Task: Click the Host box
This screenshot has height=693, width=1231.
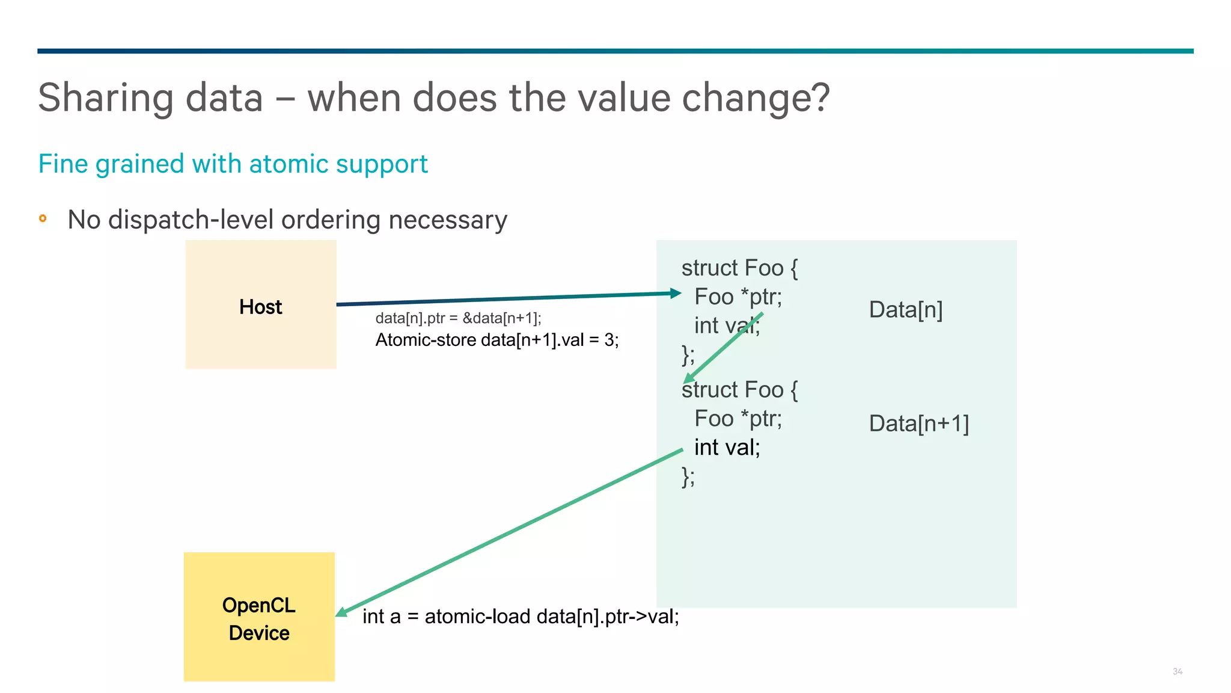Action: pos(260,304)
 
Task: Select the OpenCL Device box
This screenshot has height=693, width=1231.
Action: pos(259,617)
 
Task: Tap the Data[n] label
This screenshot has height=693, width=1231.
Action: pos(905,310)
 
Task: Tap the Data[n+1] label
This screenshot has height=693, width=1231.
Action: pos(918,423)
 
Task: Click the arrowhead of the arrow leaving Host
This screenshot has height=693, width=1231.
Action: pos(676,294)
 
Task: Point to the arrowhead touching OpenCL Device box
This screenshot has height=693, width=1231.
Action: pos(341,612)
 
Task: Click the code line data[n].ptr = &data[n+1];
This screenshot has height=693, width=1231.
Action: pos(458,318)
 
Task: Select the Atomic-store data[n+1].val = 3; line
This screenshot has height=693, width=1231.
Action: pos(496,340)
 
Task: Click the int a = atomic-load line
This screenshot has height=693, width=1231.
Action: pos(521,617)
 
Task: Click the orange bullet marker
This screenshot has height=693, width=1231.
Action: pos(43,218)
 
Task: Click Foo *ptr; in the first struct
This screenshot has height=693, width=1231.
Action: pos(738,297)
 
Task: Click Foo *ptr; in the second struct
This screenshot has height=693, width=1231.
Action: pos(738,419)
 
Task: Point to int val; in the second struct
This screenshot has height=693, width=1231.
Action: pos(727,448)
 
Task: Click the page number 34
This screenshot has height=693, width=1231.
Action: pos(1177,671)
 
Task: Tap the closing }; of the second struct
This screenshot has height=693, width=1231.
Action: pos(688,476)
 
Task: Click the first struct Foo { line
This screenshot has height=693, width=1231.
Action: pos(739,268)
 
